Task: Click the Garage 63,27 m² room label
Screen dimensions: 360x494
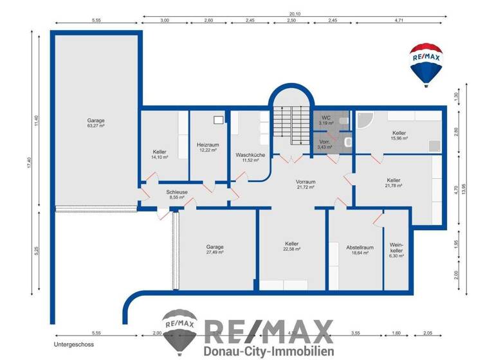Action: (96, 123)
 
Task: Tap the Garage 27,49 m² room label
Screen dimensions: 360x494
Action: (215, 249)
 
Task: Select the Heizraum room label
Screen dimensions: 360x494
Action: (208, 147)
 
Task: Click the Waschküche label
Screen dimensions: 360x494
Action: (250, 157)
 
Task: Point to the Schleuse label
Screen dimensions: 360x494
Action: (176, 195)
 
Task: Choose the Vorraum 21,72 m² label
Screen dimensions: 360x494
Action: (305, 184)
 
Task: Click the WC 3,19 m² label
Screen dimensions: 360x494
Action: (327, 120)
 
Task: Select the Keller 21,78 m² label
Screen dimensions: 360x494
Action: (394, 183)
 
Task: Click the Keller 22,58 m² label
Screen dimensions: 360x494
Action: (291, 246)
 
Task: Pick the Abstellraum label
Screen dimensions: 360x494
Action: (360, 250)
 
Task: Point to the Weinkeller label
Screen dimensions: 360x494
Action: (396, 250)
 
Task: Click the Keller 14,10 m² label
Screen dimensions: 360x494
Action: (160, 154)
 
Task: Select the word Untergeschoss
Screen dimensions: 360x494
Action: (74, 345)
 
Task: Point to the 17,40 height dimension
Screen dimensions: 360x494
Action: (29, 165)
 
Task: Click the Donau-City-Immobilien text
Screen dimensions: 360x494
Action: (269, 351)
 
